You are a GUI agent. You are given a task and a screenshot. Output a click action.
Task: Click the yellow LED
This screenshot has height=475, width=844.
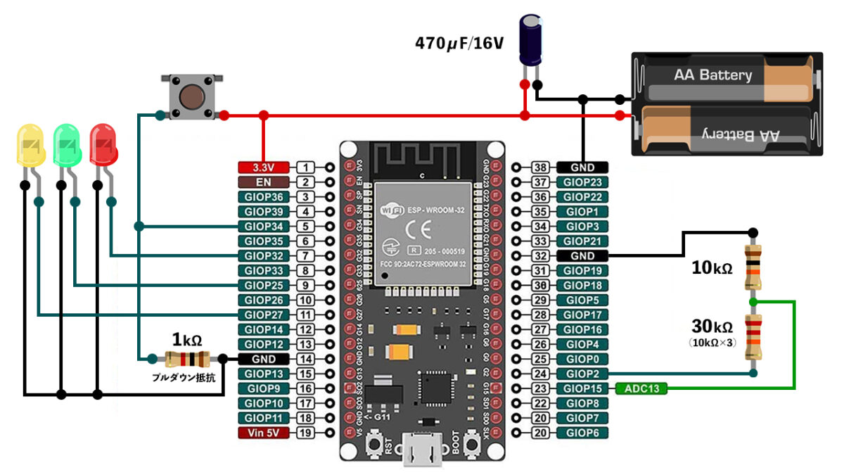pyautogui.click(x=30, y=145)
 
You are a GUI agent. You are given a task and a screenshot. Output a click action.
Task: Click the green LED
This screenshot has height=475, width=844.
pyautogui.click(x=67, y=145)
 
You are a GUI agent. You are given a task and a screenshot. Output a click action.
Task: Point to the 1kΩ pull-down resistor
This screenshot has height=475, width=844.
pyautogui.click(x=186, y=358)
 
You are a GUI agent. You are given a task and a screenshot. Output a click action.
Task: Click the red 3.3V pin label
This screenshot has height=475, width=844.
pyautogui.click(x=263, y=167)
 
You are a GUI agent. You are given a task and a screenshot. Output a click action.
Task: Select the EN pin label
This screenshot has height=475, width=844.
pyautogui.click(x=263, y=182)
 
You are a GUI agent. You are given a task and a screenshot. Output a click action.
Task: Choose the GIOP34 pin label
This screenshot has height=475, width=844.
pyautogui.click(x=263, y=227)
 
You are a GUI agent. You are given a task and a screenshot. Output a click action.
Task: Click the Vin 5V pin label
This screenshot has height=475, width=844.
pyautogui.click(x=263, y=433)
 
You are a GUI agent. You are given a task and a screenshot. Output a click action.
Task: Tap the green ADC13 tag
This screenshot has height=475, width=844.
pyautogui.click(x=641, y=388)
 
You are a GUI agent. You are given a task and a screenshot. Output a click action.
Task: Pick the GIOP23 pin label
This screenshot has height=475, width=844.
pyautogui.click(x=582, y=182)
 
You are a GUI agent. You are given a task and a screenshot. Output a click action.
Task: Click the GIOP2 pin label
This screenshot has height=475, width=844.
pyautogui.click(x=582, y=373)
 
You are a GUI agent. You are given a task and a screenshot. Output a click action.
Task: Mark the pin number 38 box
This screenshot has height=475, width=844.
pyautogui.click(x=539, y=167)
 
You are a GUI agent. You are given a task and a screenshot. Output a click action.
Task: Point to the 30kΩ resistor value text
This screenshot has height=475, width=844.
pyautogui.click(x=711, y=327)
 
